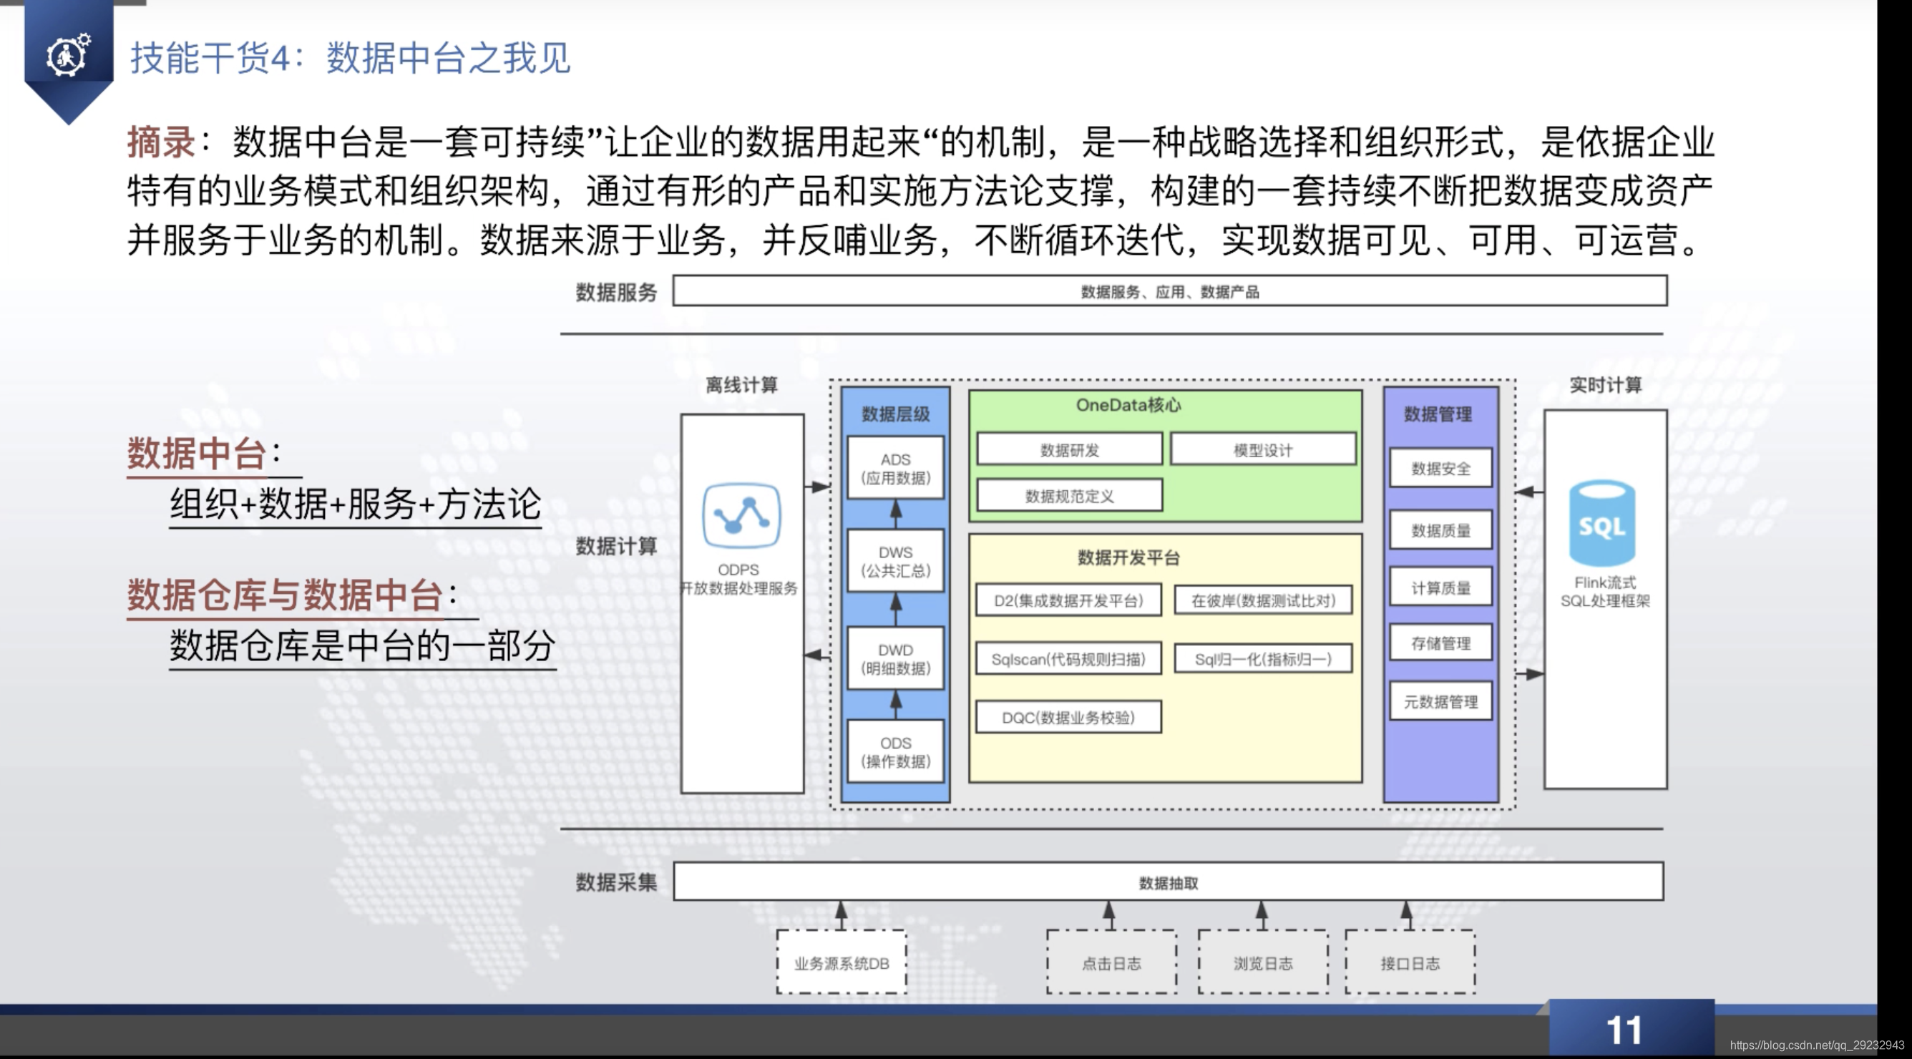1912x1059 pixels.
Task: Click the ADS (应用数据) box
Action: click(895, 468)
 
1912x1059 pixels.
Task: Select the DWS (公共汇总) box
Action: click(895, 561)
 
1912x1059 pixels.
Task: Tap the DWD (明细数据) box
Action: click(895, 658)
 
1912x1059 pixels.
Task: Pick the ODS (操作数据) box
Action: click(895, 751)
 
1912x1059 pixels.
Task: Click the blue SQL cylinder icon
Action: click(1601, 523)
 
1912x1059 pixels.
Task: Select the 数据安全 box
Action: click(1440, 468)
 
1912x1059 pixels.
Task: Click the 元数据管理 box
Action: click(1440, 701)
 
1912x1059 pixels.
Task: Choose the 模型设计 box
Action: click(1262, 450)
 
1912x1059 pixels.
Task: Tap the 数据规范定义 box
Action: click(1069, 496)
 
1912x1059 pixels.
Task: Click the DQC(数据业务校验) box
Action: click(1068, 718)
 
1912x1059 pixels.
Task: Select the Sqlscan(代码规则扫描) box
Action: click(1068, 659)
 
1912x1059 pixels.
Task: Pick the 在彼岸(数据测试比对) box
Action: click(1262, 600)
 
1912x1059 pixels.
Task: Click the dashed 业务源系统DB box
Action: click(841, 962)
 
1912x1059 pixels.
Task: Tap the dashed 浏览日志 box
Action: click(1262, 962)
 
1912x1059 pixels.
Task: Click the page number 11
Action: click(1624, 1030)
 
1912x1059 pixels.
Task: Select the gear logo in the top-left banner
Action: click(68, 54)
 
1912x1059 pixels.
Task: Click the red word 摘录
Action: click(161, 142)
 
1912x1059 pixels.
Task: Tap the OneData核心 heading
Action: click(1128, 405)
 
